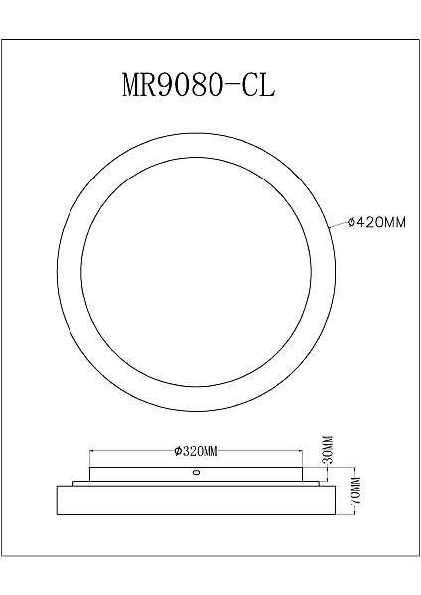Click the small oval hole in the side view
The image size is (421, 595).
pos(196,474)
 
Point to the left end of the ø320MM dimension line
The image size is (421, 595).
pos(90,451)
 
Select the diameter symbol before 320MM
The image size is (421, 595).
pos(176,451)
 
